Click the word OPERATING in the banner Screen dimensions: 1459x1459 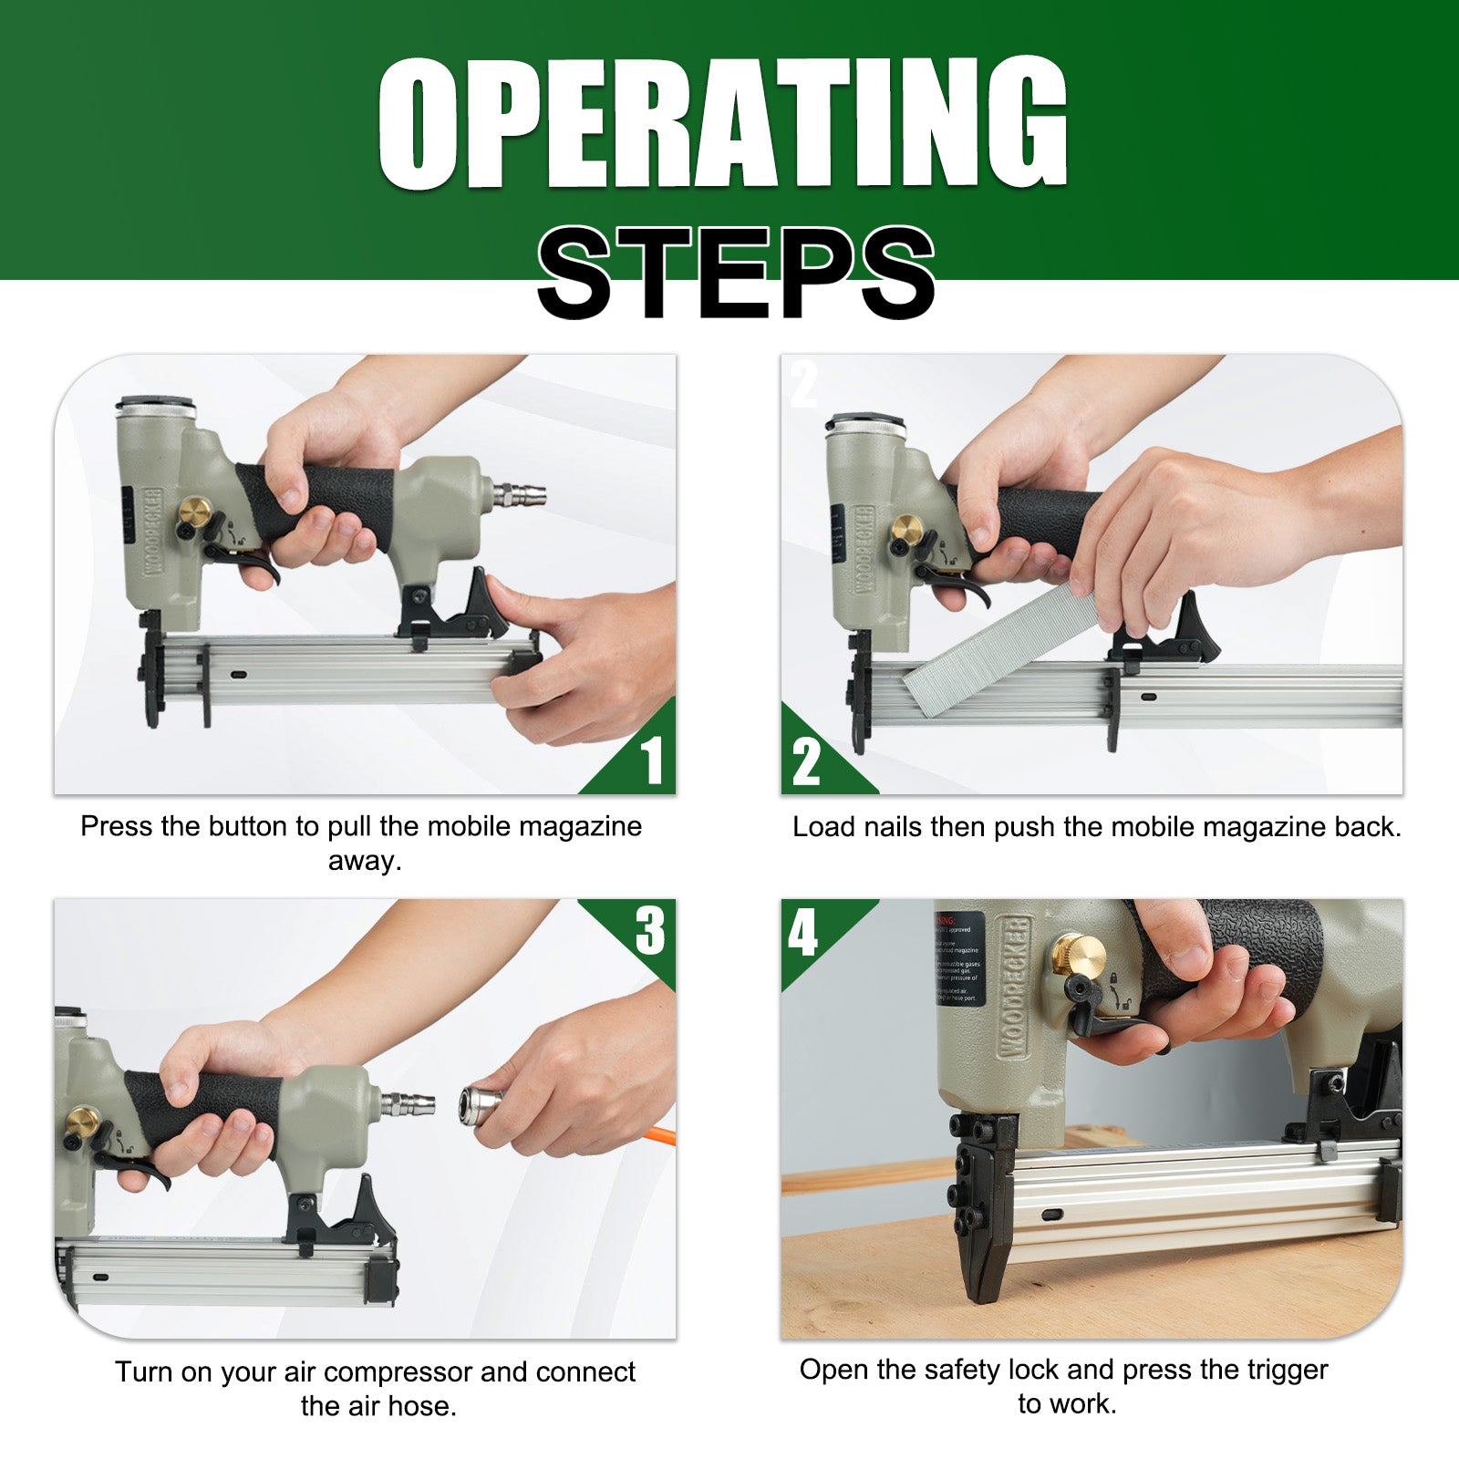pyautogui.click(x=722, y=123)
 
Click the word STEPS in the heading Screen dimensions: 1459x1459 pyautogui.click(x=735, y=273)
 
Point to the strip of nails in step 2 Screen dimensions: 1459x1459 pyautogui.click(x=1003, y=648)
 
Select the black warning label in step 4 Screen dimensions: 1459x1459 pyautogui.click(x=959, y=957)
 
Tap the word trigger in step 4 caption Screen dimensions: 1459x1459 pyautogui.click(x=1287, y=1370)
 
